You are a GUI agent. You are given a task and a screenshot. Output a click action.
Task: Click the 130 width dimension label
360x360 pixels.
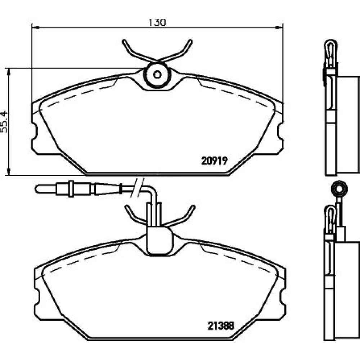click(157, 22)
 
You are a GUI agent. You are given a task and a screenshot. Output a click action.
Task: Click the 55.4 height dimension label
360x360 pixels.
click(4, 122)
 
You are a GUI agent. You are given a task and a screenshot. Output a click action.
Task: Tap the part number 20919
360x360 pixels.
click(215, 161)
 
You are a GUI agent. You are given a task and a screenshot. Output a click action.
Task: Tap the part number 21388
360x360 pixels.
click(221, 326)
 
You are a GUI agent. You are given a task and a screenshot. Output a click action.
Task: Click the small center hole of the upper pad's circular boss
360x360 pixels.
click(157, 75)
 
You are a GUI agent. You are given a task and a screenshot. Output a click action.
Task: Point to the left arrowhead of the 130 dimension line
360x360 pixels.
click(35, 28)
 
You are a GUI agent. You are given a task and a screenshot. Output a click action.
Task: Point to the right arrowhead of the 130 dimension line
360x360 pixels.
click(279, 28)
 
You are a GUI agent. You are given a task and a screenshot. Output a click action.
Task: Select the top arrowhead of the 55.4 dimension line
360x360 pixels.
click(9, 72)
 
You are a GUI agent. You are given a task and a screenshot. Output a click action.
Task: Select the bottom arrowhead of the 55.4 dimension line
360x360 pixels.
click(9, 171)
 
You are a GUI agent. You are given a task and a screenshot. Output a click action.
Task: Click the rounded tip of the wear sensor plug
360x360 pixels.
click(37, 189)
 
